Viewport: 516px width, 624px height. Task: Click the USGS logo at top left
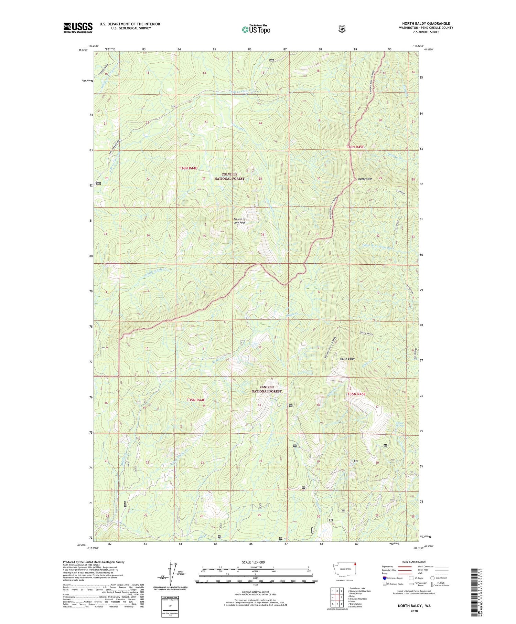(78, 28)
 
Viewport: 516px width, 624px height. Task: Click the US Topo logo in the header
(256, 29)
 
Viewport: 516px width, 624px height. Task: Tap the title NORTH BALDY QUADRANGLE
(426, 24)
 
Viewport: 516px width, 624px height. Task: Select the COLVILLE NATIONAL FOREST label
(229, 177)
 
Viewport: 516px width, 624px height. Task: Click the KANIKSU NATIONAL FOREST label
(266, 389)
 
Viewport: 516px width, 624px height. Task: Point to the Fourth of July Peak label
(240, 221)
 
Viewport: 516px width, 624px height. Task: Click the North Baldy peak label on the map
(347, 359)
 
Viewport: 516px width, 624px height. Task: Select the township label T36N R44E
(188, 168)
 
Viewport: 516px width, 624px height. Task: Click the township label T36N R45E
(355, 147)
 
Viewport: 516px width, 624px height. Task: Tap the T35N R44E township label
(196, 400)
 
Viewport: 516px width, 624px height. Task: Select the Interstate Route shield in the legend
(385, 578)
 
